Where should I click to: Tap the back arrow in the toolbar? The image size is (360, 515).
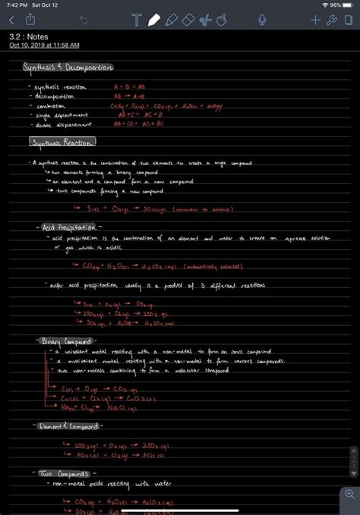pos(11,20)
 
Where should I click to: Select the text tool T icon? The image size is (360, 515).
pos(137,20)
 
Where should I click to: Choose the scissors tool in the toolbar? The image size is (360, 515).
pos(204,20)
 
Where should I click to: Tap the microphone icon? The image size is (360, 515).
pos(262,20)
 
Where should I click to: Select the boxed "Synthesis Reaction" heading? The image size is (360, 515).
pos(63,142)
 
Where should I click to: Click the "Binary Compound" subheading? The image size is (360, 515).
pos(67,340)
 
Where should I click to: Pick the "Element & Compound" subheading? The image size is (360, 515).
pos(71,425)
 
